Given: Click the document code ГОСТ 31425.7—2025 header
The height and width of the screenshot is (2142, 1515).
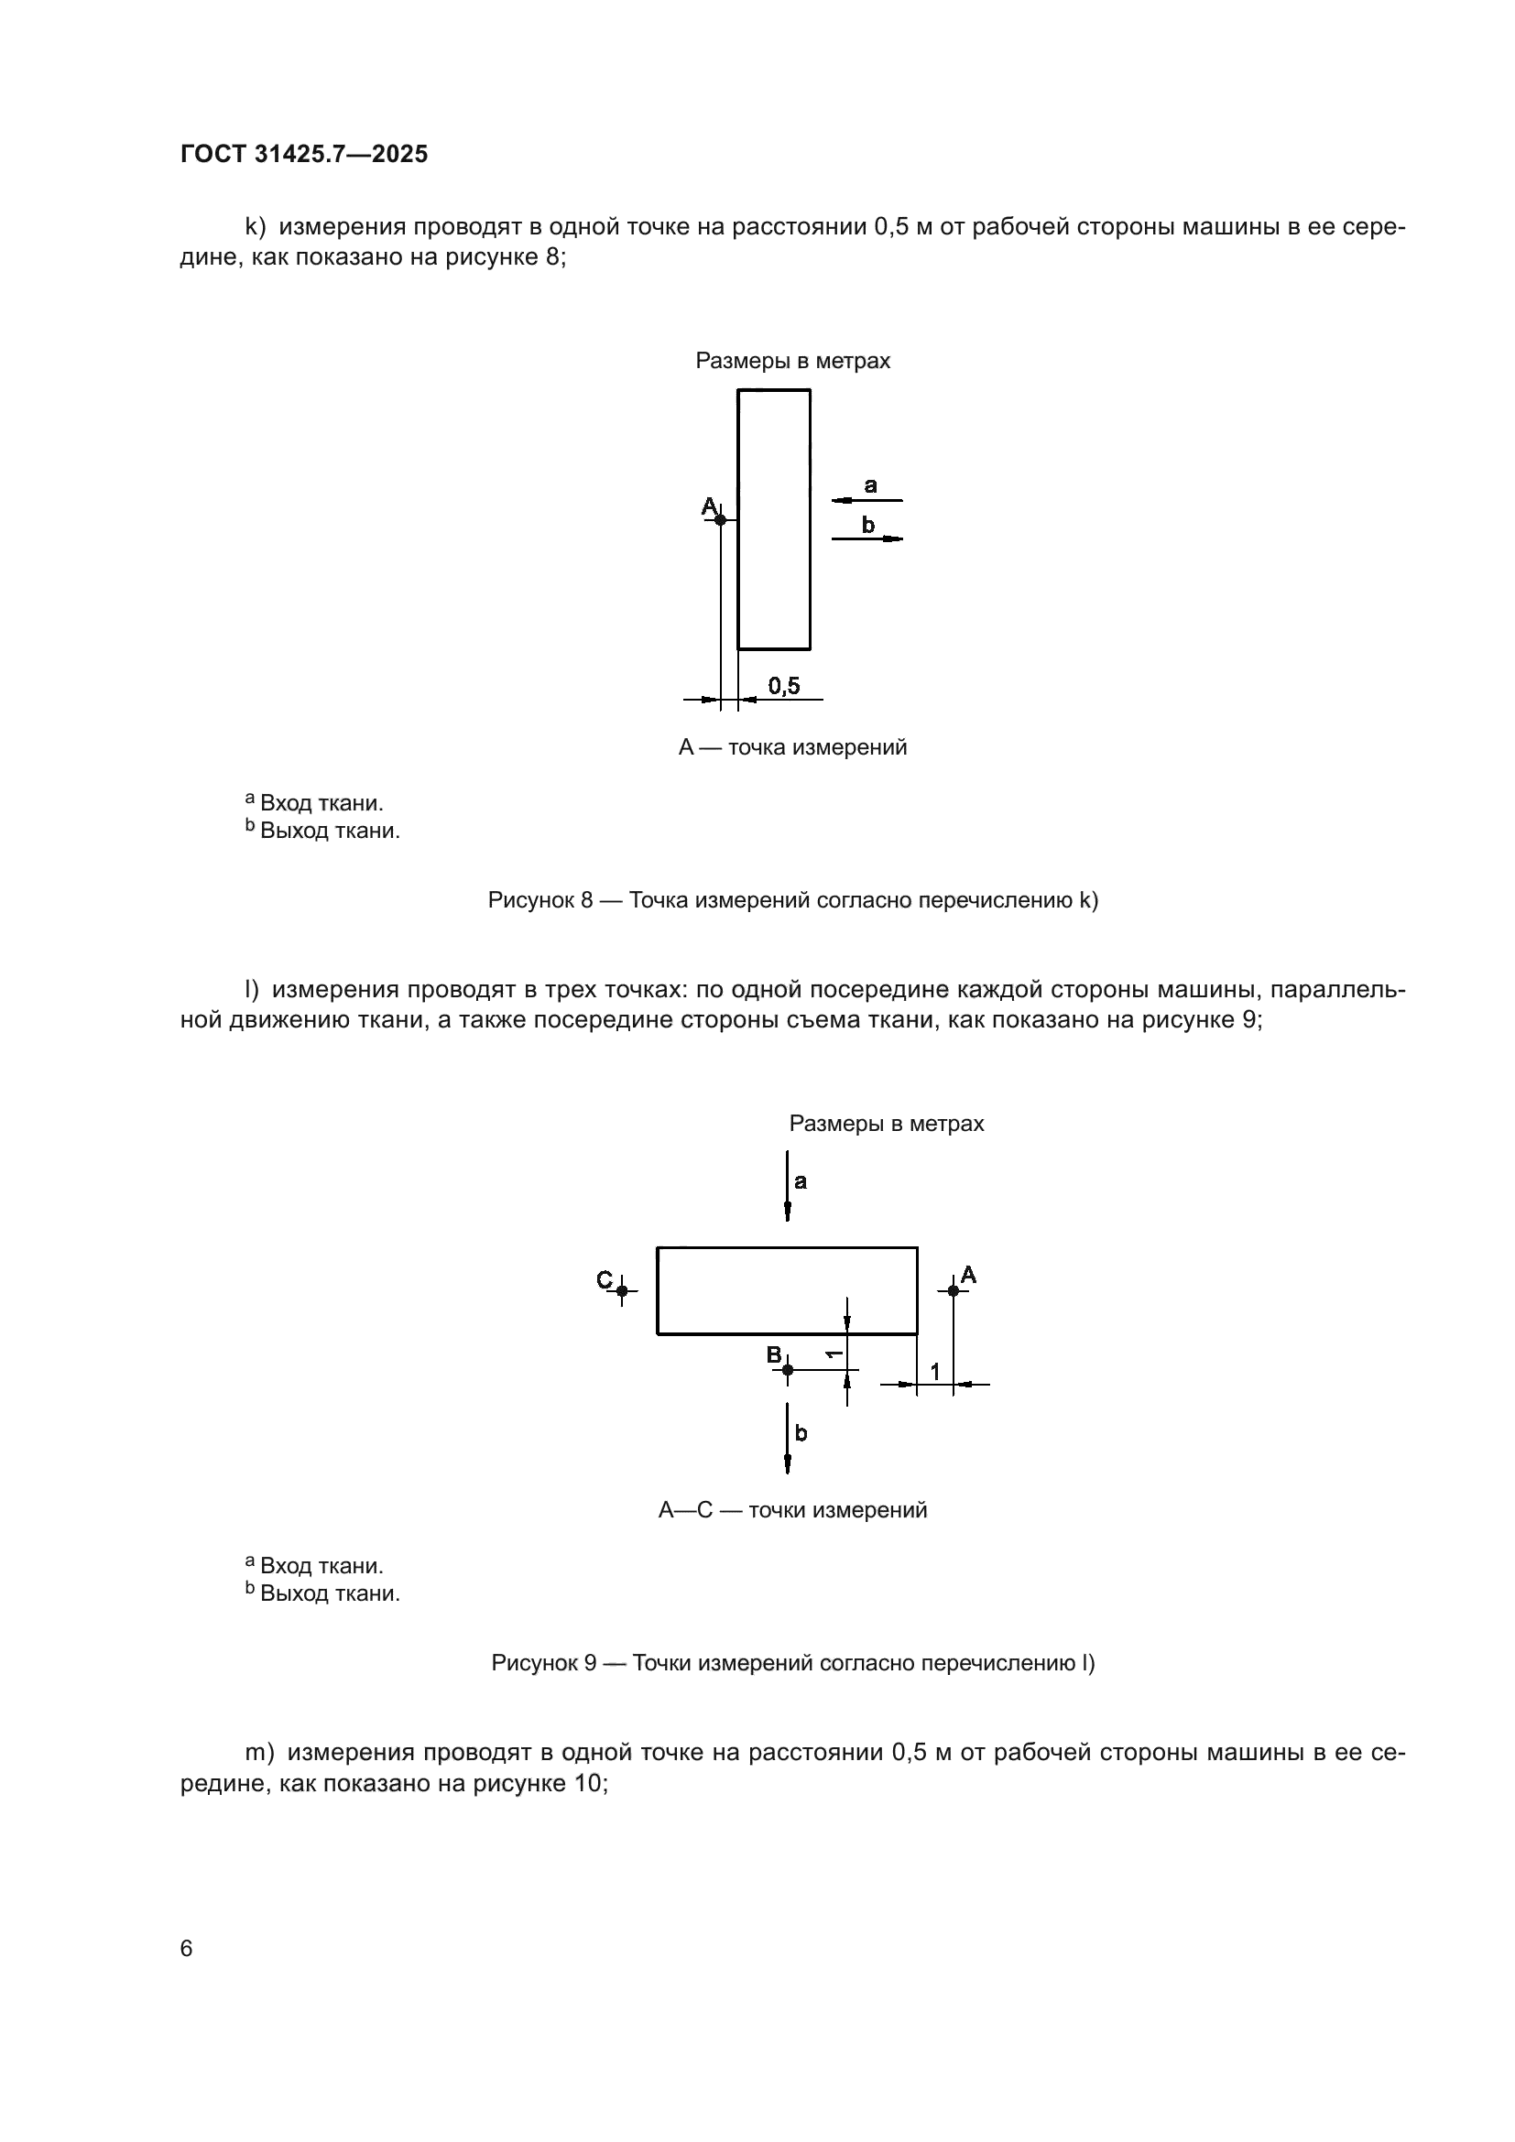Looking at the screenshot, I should click(x=304, y=154).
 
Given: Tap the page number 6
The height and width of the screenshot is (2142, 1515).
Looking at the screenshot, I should click(x=187, y=1948).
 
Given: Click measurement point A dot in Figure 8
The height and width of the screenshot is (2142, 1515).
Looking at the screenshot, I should click(x=720, y=519).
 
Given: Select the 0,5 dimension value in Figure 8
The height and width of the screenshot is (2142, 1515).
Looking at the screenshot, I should click(x=784, y=686).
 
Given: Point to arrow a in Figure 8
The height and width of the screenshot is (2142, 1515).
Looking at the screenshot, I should click(x=866, y=501).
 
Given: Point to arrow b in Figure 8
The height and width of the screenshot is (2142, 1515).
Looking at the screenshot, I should click(x=866, y=538).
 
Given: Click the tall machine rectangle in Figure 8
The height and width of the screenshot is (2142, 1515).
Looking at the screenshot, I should click(x=773, y=518).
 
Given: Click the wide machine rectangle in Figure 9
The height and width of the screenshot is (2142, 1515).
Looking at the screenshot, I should click(x=787, y=1290).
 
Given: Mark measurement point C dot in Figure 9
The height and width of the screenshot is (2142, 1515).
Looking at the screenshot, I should click(x=622, y=1290).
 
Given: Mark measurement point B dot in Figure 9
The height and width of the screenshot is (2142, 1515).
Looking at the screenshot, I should click(x=788, y=1369).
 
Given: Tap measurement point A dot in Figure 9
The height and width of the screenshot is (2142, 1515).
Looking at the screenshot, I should click(x=953, y=1290).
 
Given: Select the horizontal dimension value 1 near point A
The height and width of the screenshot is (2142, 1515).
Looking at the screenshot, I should click(x=935, y=1372).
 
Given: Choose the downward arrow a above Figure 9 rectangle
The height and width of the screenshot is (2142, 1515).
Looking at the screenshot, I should click(x=788, y=1186).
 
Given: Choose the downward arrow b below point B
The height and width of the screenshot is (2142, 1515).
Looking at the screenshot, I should click(x=788, y=1438).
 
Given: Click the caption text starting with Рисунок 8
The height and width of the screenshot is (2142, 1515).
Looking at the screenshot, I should click(x=793, y=900).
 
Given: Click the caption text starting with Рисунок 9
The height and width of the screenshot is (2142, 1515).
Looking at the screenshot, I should click(x=793, y=1662).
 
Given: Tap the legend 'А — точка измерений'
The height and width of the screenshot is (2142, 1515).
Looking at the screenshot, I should click(x=792, y=747).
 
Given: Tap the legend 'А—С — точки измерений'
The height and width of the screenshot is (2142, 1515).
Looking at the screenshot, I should click(x=792, y=1509).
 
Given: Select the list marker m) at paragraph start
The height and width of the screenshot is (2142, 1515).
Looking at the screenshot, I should click(x=259, y=1752).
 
